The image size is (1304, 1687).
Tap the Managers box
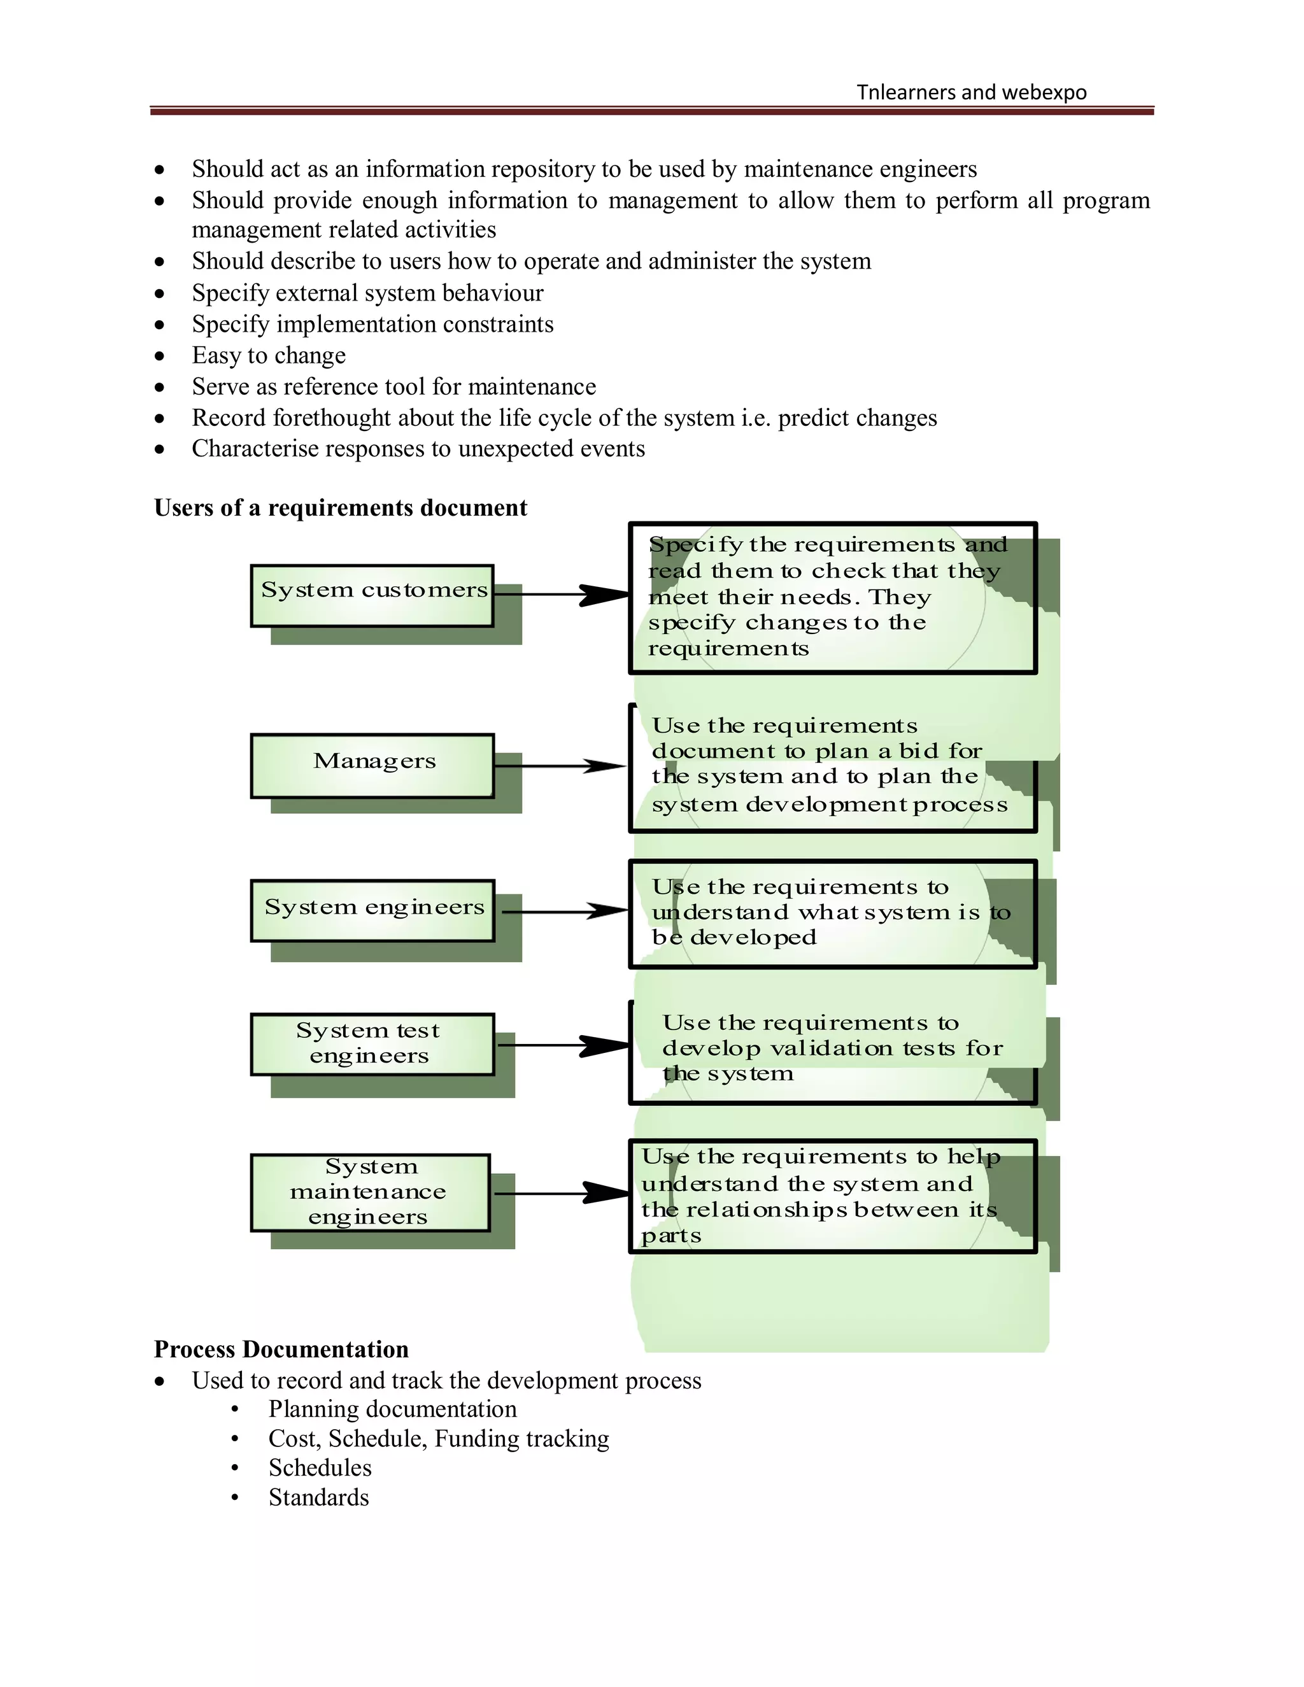click(372, 765)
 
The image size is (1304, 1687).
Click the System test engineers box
click(372, 1043)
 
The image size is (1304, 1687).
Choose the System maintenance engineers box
click(370, 1192)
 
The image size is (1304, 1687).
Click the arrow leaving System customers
click(562, 595)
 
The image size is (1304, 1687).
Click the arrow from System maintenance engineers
click(562, 1194)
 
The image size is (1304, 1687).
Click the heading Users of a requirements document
click(340, 507)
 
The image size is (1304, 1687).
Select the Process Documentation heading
click(281, 1349)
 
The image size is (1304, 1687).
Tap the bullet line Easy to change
click(268, 355)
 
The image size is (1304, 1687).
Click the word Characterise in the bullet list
click(247, 449)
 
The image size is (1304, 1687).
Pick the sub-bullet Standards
click(318, 1497)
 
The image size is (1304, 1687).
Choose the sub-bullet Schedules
click(320, 1467)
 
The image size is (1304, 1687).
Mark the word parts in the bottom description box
click(670, 1236)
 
